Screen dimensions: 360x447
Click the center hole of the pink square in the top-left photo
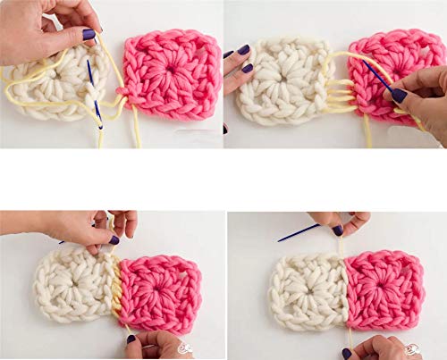(x=171, y=72)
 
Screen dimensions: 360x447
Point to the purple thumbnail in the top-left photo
(x=89, y=34)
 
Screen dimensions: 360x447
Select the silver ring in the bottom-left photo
(x=185, y=348)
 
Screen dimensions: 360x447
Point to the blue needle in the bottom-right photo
(x=299, y=233)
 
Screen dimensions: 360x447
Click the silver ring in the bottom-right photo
(x=411, y=348)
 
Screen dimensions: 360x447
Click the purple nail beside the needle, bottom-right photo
(x=337, y=230)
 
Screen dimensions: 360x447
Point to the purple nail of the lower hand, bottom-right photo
(x=347, y=354)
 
